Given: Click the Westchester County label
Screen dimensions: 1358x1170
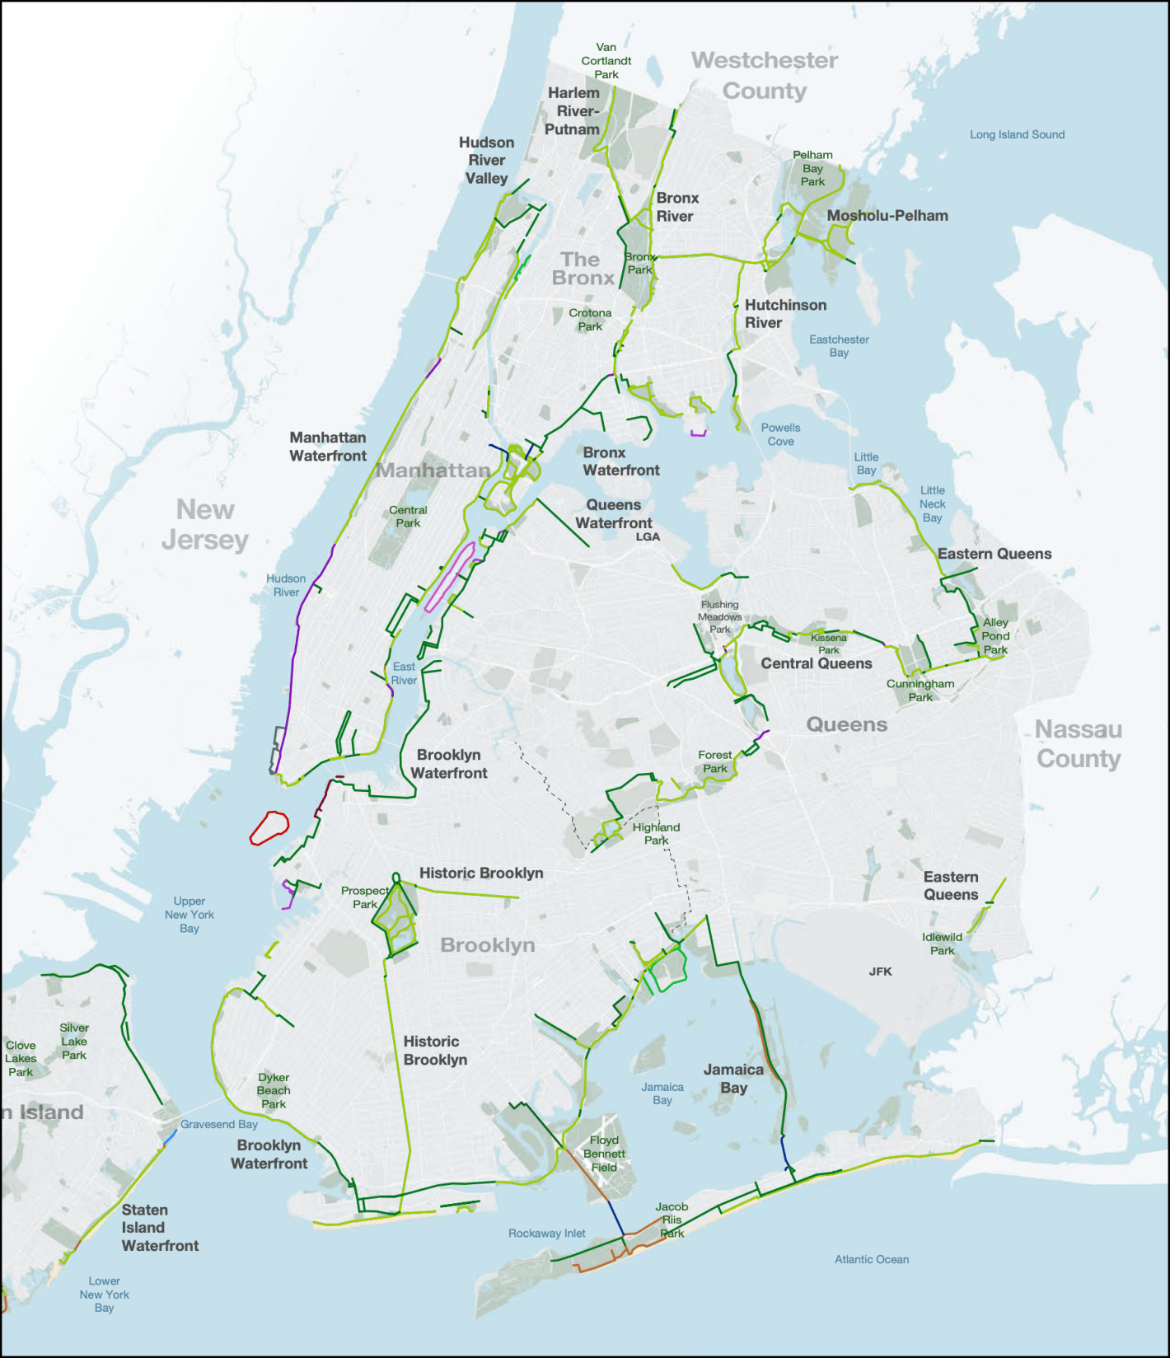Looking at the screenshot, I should [x=765, y=75].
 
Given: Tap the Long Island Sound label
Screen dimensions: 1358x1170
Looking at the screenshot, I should [x=1017, y=134].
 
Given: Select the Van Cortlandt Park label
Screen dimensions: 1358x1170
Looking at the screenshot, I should [x=606, y=61].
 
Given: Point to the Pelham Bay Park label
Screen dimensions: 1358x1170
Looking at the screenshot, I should [x=812, y=168].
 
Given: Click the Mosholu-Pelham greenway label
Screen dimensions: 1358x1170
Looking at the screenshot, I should [x=887, y=216].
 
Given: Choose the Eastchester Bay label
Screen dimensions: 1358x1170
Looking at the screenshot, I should [x=839, y=346].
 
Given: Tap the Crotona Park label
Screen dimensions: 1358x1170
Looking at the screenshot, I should [x=590, y=320].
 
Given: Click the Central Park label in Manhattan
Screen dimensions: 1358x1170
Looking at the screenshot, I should [x=408, y=517].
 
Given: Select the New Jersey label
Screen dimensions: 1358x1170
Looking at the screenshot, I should [x=205, y=525].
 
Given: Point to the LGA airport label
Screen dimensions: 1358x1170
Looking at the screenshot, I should [x=648, y=536].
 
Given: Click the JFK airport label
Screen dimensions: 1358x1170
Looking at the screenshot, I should [x=880, y=972].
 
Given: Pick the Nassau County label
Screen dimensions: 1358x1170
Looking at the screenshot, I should [x=1079, y=744].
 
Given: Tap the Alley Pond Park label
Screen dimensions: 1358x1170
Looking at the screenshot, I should [x=995, y=636].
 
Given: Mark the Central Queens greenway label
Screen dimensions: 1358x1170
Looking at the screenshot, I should [x=816, y=663].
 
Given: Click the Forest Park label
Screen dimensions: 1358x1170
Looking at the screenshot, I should [x=714, y=761].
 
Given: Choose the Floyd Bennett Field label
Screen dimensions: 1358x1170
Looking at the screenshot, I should [x=604, y=1154].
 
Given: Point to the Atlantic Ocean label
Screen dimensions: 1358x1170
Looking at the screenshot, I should [x=872, y=1259].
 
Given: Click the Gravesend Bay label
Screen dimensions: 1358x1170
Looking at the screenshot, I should [x=219, y=1124].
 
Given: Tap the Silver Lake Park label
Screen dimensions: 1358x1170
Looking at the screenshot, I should [x=74, y=1042].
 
